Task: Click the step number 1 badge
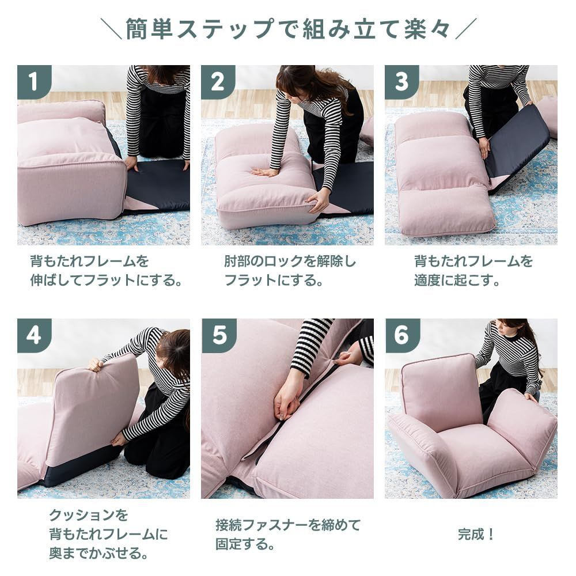(x=33, y=82)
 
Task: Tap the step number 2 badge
(x=218, y=82)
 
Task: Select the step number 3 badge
(x=401, y=82)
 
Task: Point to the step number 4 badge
(x=33, y=335)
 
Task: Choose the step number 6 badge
(x=402, y=335)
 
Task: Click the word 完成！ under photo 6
(x=476, y=534)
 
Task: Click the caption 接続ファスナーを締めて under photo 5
(x=287, y=525)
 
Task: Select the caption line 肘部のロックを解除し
(x=290, y=262)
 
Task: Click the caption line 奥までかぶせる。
(x=97, y=554)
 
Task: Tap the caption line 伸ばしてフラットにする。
(x=107, y=281)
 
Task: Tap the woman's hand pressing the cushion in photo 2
(x=264, y=171)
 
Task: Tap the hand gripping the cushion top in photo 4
(x=95, y=364)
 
